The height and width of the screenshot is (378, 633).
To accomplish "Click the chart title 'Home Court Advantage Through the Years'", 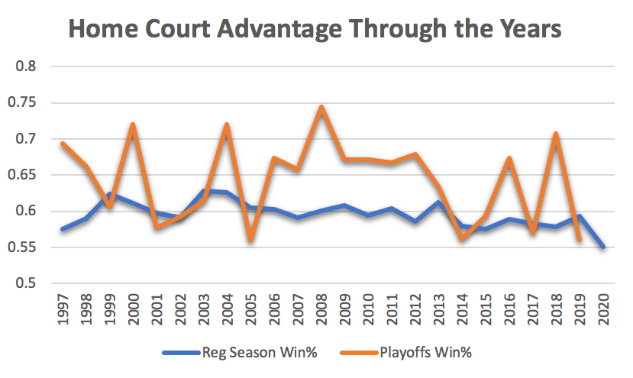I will point(315,29).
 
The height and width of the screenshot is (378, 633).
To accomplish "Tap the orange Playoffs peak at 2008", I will point(321,107).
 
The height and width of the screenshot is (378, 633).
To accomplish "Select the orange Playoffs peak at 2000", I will point(134,124).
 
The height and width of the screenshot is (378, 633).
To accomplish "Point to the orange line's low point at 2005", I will point(250,240).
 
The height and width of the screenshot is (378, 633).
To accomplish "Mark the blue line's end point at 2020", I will point(603,247).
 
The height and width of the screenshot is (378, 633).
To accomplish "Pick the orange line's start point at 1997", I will point(63,144).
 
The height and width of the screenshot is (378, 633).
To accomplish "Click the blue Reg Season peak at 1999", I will point(110,194).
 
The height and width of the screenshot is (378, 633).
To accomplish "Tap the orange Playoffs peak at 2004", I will point(228,124).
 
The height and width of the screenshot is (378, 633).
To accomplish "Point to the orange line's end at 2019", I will point(580,240).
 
